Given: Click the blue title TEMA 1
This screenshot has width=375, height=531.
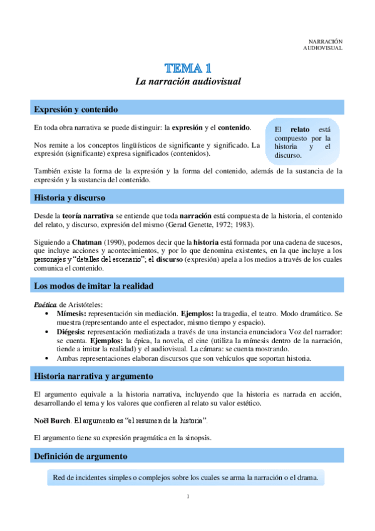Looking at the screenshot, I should pyautogui.click(x=188, y=68).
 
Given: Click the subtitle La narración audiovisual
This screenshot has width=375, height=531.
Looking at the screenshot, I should pyautogui.click(x=188, y=81).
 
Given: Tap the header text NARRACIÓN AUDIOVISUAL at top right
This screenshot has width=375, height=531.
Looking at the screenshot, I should pyautogui.click(x=323, y=44).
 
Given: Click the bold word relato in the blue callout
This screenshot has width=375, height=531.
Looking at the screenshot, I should pyautogui.click(x=301, y=129).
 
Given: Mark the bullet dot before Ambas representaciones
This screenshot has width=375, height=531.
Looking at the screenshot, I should pyautogui.click(x=48, y=359).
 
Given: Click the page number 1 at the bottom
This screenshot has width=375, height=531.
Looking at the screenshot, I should pyautogui.click(x=187, y=497).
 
